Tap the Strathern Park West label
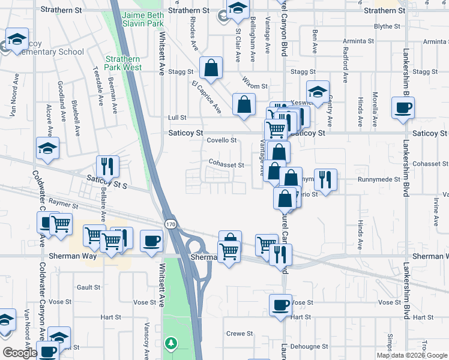(x=123, y=63)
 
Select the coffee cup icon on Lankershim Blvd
(x=403, y=107)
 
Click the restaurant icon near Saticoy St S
(x=107, y=166)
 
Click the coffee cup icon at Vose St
(x=280, y=305)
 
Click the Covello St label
(x=222, y=140)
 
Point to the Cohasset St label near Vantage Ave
(x=226, y=164)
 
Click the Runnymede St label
(x=379, y=179)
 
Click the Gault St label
(x=88, y=287)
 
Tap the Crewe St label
(x=238, y=334)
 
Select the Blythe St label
(x=387, y=26)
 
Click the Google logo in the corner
(x=19, y=353)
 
